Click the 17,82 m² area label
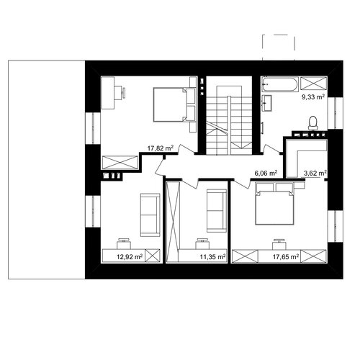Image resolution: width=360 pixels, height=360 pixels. [x=161, y=148]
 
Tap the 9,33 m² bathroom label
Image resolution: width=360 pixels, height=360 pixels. [x=313, y=97]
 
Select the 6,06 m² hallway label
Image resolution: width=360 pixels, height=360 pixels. [x=266, y=173]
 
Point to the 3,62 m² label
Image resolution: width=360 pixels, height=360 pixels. [x=315, y=173]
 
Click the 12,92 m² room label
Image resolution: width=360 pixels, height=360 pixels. [x=130, y=257]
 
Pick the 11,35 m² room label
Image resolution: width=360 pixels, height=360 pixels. [x=212, y=257]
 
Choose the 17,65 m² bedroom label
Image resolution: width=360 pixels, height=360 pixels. [x=286, y=257]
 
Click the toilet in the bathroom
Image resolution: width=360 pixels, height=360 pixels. [x=313, y=123]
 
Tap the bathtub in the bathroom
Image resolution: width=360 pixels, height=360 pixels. [x=280, y=84]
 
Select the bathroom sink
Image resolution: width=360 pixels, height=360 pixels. [x=267, y=103]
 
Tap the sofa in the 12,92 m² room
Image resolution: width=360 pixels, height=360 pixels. [x=150, y=215]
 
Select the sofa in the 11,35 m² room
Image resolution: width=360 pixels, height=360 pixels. [x=217, y=211]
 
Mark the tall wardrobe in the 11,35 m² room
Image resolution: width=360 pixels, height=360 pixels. [x=173, y=222]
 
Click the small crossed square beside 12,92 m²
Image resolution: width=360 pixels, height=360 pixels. [x=153, y=256]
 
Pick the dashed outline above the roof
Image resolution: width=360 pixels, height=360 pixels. [x=279, y=48]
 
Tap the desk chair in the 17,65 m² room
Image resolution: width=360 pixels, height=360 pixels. [x=279, y=244]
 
